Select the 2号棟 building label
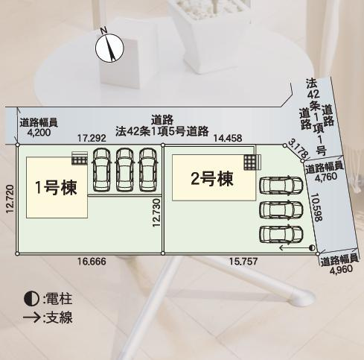pyautogui.click(x=212, y=179)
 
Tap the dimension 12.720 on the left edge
pyautogui.click(x=10, y=200)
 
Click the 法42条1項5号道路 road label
pyautogui.click(x=162, y=130)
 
